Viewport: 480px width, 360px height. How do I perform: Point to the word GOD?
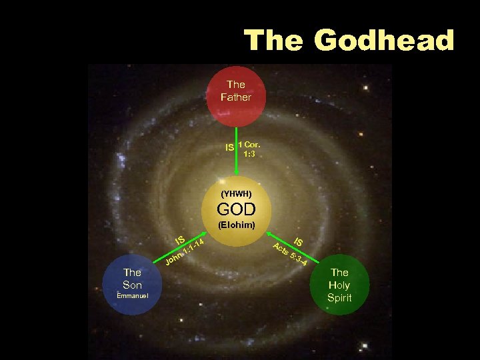[x=236, y=209]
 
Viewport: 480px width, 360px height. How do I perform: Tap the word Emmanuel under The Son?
[x=133, y=295]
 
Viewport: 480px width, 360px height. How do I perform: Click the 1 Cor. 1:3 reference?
[x=249, y=149]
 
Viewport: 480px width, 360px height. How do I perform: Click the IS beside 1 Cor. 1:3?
[x=230, y=147]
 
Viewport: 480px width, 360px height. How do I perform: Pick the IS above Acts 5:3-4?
[x=299, y=242]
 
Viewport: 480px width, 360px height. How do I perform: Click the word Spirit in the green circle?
[x=339, y=297]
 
